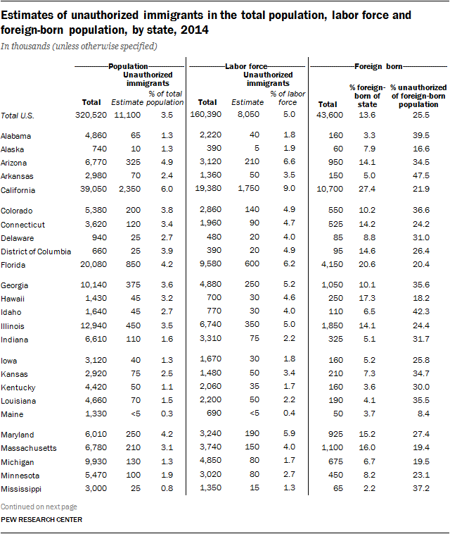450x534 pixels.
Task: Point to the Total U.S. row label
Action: pyautogui.click(x=20, y=116)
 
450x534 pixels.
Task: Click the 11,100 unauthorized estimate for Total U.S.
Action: pyautogui.click(x=127, y=116)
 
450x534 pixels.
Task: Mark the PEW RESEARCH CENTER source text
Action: pyautogui.click(x=41, y=520)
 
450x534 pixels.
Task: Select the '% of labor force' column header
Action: pyautogui.click(x=283, y=98)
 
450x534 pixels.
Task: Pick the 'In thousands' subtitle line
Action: pyautogui.click(x=79, y=46)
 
